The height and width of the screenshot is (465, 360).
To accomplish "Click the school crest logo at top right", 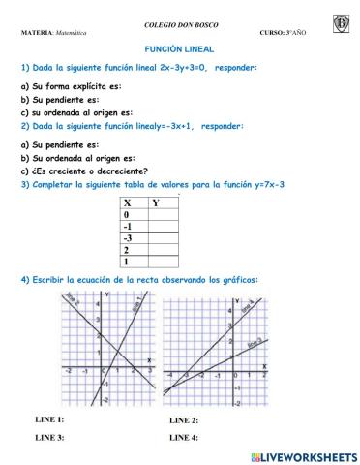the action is (x=341, y=22).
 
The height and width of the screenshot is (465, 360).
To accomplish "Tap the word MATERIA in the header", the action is (x=37, y=32).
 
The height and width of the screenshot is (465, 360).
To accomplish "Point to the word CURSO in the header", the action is (x=275, y=32).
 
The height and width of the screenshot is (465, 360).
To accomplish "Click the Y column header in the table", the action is (x=157, y=202).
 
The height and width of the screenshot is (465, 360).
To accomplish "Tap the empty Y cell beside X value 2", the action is (x=164, y=249).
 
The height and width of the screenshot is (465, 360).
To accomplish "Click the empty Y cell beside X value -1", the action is (x=164, y=226).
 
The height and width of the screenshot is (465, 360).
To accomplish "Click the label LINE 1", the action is (x=49, y=418).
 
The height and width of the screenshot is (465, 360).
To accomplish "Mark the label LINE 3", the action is (x=49, y=438).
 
